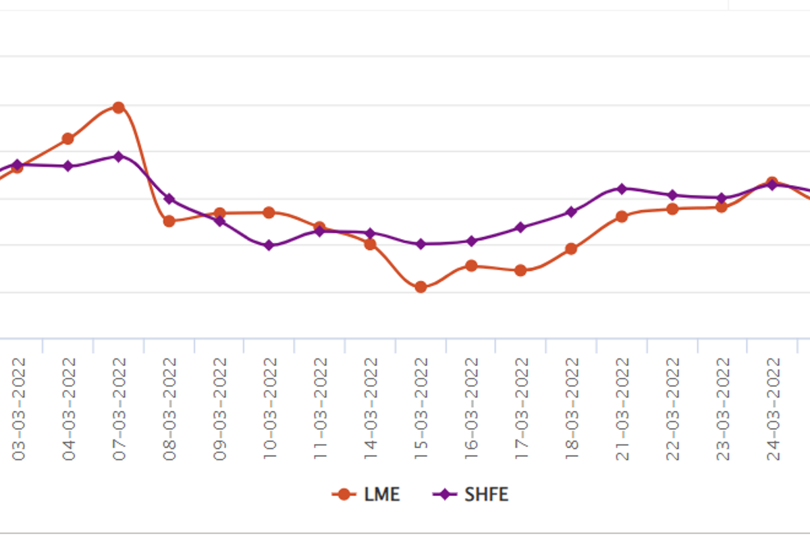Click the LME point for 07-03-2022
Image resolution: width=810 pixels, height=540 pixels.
pos(119,107)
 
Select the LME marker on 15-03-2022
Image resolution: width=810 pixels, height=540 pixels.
pos(421,287)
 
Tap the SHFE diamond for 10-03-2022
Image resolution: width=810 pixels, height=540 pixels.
pos(269,246)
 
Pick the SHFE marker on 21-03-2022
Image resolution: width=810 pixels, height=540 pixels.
pos(622,189)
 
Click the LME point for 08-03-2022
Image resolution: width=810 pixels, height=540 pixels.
pos(169,221)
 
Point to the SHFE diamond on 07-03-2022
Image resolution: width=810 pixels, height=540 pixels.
pos(119,157)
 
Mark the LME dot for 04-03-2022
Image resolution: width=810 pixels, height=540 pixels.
pos(68,138)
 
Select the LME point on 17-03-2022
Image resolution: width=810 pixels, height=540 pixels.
pos(520,270)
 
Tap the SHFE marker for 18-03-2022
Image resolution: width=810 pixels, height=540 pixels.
pos(571,212)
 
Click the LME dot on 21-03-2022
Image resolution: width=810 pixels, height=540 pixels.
pos(622,217)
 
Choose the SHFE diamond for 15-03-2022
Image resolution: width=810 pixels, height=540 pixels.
pos(421,244)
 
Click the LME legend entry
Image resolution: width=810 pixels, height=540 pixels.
pos(366,494)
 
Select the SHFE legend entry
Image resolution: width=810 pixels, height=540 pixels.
pos(470,494)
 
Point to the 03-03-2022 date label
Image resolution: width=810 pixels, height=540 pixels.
pos(18,409)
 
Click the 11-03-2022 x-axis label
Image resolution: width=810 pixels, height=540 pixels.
pos(320,409)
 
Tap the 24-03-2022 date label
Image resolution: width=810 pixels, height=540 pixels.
pos(773,409)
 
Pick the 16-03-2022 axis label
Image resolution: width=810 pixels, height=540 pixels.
pos(471,409)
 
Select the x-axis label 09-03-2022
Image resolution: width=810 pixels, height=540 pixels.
pos(219,409)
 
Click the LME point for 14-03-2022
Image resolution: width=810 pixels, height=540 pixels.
pos(370,244)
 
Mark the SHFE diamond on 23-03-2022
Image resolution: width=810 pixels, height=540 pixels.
pos(722,198)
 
